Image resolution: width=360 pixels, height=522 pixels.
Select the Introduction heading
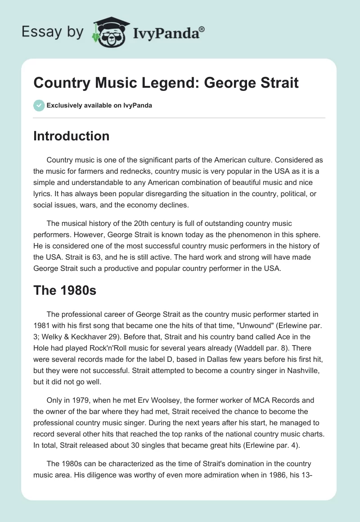[71, 136]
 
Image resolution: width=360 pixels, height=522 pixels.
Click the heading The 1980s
[65, 290]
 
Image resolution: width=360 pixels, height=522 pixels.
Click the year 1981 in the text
[42, 325]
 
